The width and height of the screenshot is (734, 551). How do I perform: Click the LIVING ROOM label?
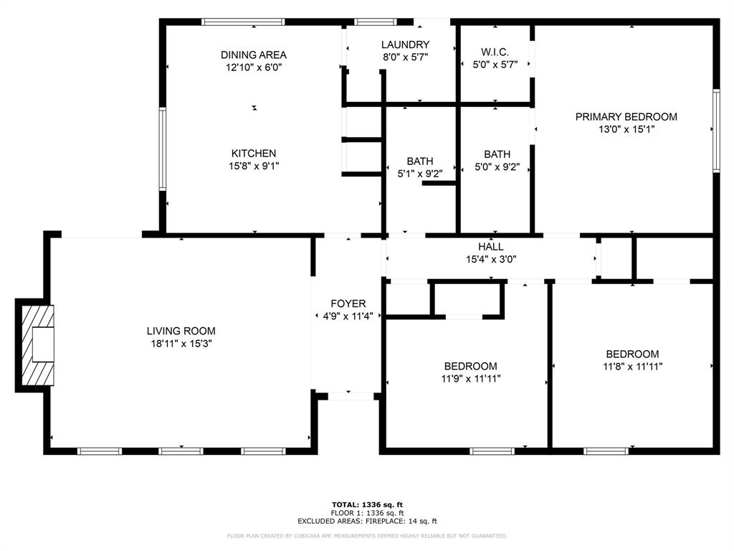point(181,331)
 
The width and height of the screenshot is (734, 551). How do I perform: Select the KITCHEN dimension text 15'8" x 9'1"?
point(253,166)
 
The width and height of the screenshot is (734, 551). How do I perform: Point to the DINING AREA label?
point(253,55)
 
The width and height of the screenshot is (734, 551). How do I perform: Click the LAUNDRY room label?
point(405,44)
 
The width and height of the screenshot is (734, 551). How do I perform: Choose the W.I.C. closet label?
point(495,52)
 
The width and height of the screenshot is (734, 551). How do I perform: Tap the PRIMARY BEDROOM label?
point(626,117)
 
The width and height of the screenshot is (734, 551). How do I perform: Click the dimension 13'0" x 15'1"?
point(626,130)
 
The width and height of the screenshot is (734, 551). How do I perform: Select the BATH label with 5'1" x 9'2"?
point(420,161)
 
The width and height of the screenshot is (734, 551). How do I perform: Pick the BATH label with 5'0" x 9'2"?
point(497,154)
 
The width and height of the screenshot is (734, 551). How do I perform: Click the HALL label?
point(491,246)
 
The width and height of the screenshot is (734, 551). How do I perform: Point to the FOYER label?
point(348,303)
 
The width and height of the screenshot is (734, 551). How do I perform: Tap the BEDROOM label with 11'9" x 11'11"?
point(470,366)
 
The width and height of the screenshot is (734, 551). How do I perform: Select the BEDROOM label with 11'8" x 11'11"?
point(632,354)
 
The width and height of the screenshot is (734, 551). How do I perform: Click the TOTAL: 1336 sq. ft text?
point(367,504)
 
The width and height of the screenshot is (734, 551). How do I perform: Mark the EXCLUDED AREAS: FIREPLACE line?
point(367,522)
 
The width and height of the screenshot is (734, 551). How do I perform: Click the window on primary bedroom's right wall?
point(715,131)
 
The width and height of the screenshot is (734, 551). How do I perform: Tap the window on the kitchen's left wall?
point(163,149)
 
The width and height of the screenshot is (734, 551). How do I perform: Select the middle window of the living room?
point(181,451)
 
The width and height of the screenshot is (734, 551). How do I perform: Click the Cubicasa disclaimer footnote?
point(367,536)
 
